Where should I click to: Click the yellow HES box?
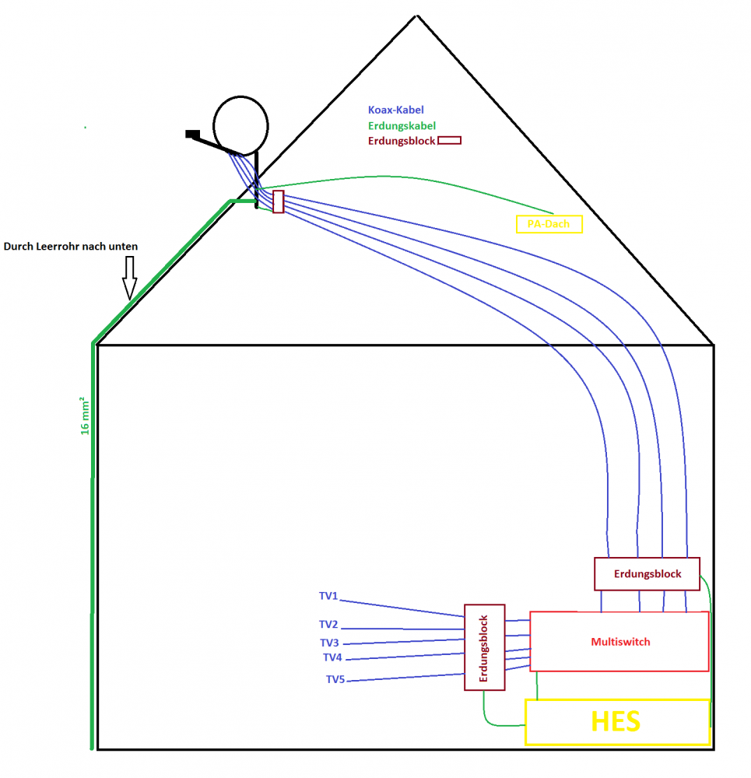pyautogui.click(x=617, y=722)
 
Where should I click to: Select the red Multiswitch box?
pyautogui.click(x=619, y=642)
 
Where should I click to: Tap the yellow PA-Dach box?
pyautogui.click(x=549, y=224)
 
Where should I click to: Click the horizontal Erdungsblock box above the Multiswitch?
pyautogui.click(x=647, y=574)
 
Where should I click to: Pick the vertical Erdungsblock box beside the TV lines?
pyautogui.click(x=484, y=647)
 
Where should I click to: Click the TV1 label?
pyautogui.click(x=328, y=596)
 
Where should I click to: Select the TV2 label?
pyautogui.click(x=328, y=624)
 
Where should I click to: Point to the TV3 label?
pyautogui.click(x=329, y=643)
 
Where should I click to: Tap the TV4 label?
pyautogui.click(x=332, y=657)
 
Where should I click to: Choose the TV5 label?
pyautogui.click(x=335, y=679)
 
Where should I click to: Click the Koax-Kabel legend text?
pyautogui.click(x=395, y=110)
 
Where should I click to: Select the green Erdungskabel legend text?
pyautogui.click(x=401, y=125)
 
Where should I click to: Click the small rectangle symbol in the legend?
pyautogui.click(x=450, y=141)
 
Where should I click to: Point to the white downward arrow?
pyautogui.click(x=129, y=277)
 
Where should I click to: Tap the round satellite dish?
pyautogui.click(x=241, y=124)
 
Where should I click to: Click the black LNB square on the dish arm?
pyautogui.click(x=191, y=134)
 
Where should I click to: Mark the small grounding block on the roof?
pyautogui.click(x=278, y=202)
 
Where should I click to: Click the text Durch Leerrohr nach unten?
pyautogui.click(x=71, y=247)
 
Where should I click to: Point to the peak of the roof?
pyautogui.click(x=417, y=16)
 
